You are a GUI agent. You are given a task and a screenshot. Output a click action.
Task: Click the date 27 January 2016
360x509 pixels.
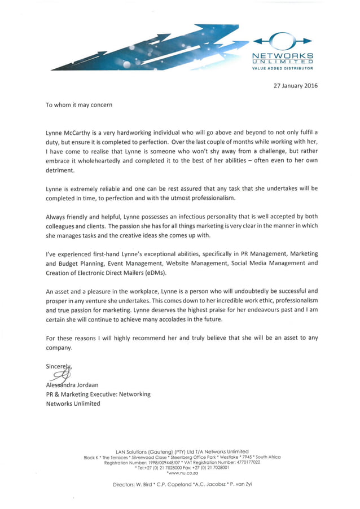296,86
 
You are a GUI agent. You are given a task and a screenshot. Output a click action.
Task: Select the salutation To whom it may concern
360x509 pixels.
79,104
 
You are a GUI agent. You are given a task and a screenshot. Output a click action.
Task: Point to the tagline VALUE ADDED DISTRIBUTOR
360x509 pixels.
282,68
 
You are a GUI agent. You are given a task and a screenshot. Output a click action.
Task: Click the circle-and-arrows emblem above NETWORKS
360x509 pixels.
282,41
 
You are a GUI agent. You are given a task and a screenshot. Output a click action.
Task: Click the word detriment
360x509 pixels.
60,170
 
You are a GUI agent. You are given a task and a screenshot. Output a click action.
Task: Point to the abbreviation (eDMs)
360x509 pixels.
162,273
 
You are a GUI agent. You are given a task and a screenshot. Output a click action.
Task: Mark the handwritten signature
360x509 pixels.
61,374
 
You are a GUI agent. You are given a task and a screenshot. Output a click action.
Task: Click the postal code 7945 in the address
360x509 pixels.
244,457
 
